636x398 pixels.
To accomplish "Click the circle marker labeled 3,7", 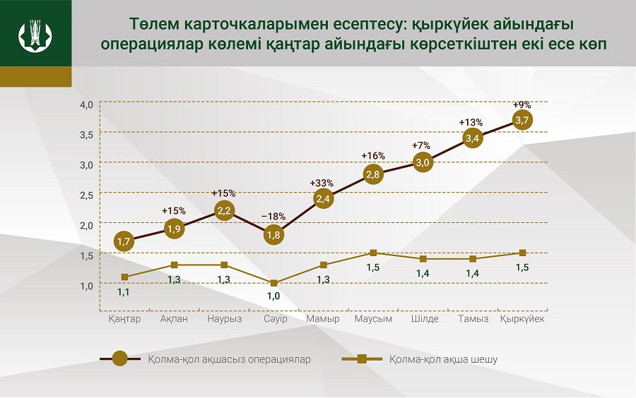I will pyautogui.click(x=523, y=121).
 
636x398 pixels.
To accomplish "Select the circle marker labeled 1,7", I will pyautogui.click(x=124, y=241).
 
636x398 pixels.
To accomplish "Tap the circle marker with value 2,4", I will pyautogui.click(x=324, y=199).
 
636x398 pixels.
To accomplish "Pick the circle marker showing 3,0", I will pyautogui.click(x=423, y=163).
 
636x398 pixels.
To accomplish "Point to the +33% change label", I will pyautogui.click(x=322, y=183).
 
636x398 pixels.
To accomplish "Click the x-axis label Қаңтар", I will pyautogui.click(x=124, y=319).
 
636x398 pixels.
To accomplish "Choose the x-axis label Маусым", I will pyautogui.click(x=373, y=319).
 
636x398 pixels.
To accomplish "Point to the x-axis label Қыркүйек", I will pyautogui.click(x=523, y=319).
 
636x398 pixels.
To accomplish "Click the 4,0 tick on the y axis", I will pyautogui.click(x=87, y=105).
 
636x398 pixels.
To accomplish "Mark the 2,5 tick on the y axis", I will pyautogui.click(x=87, y=194).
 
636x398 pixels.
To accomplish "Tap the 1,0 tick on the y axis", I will pyautogui.click(x=87, y=285).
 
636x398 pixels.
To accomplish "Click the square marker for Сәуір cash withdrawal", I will pyautogui.click(x=273, y=283).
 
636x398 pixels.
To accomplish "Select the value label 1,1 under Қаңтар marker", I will pyautogui.click(x=124, y=290).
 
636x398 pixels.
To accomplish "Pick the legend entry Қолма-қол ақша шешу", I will pyautogui.click(x=443, y=359).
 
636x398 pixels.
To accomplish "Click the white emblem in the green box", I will pyautogui.click(x=35, y=33).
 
